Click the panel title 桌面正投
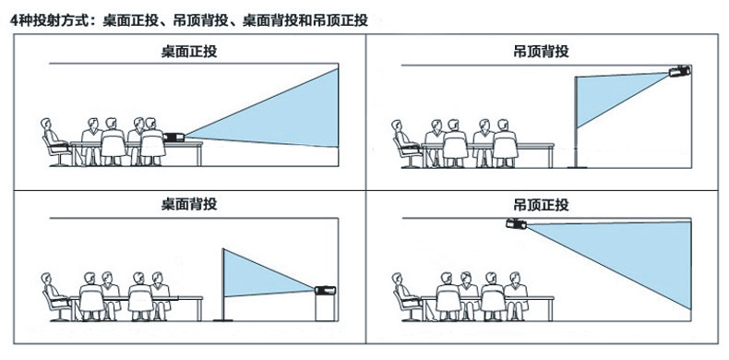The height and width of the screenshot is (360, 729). (189, 51)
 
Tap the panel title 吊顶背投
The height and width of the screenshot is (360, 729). (541, 51)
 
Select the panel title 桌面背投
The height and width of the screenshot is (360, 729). (189, 204)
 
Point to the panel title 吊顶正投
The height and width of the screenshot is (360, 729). (541, 205)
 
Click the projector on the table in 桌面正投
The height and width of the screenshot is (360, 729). (173, 138)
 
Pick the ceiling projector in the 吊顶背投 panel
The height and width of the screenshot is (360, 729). (679, 71)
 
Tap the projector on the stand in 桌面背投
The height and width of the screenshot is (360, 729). (325, 290)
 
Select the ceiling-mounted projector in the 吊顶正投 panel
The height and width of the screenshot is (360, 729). (516, 223)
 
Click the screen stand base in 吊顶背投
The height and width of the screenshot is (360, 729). (577, 166)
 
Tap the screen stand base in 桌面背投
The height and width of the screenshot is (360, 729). (223, 319)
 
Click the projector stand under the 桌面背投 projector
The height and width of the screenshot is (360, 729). (325, 307)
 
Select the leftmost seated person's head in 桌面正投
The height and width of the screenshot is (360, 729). (45, 125)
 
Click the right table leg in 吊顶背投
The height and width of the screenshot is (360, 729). (552, 157)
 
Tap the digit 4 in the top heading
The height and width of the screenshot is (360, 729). (14, 20)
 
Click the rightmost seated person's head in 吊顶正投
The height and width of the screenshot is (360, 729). (514, 278)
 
